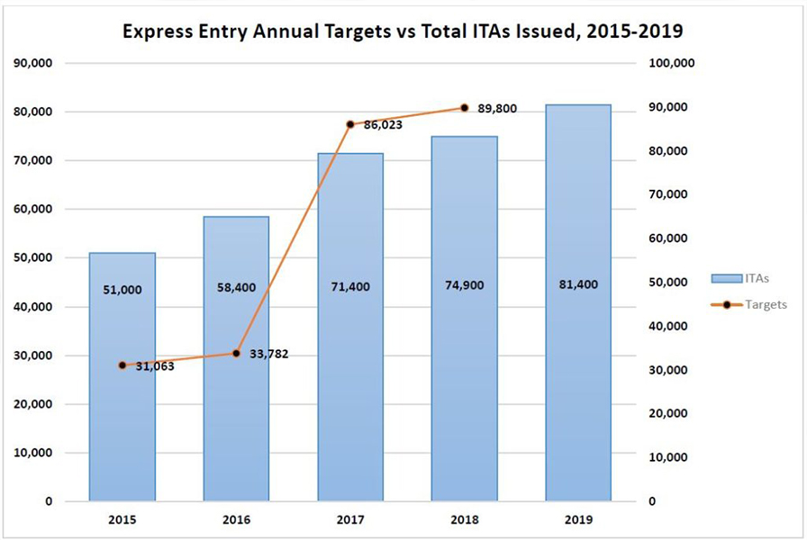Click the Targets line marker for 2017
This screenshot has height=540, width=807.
pyautogui.click(x=350, y=124)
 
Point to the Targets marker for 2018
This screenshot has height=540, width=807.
pyautogui.click(x=464, y=107)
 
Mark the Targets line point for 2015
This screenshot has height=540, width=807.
pyautogui.click(x=122, y=365)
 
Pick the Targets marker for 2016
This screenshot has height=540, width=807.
pyautogui.click(x=236, y=354)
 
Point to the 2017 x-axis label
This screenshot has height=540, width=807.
pyautogui.click(x=350, y=520)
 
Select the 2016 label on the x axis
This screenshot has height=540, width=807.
pyautogui.click(x=236, y=520)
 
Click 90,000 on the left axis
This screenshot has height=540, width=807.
pyautogui.click(x=34, y=64)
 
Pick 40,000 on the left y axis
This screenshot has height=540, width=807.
pyautogui.click(x=34, y=307)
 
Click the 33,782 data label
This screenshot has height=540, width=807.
pyautogui.click(x=267, y=354)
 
